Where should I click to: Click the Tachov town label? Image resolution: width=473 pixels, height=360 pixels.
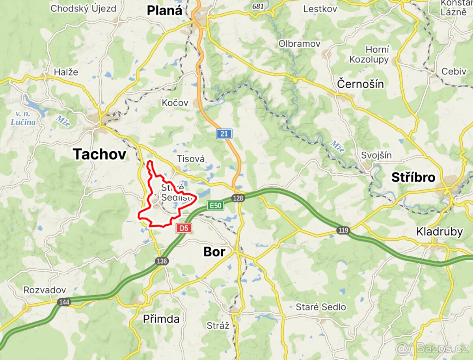99,154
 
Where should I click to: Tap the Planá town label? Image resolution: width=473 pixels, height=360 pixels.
165,10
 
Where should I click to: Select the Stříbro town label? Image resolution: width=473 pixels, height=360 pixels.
413,178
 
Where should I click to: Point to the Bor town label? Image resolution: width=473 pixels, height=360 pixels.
214,252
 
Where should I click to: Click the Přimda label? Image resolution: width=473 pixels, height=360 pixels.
161,319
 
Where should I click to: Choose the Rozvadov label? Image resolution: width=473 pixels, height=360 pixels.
45,290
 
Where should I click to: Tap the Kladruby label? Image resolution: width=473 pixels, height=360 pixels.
439,232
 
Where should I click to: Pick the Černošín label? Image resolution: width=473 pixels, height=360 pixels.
361,84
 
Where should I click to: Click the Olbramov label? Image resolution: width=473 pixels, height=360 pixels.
300,44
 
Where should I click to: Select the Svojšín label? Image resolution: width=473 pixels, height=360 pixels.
376,155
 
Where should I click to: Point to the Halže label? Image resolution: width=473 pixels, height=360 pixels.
66,72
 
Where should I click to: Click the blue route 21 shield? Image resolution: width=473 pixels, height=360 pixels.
224,134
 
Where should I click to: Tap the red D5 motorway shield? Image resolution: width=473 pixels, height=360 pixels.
184,228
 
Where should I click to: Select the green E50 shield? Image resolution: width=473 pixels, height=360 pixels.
216,205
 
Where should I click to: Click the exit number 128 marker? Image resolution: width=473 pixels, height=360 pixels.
238,198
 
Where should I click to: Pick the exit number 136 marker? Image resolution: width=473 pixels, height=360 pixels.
162,261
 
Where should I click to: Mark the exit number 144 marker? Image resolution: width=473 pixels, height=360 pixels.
64,302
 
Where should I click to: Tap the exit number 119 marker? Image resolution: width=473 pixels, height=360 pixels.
343,230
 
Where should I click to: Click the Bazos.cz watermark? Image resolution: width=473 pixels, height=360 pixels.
432,348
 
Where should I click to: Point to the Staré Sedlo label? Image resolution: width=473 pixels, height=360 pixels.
321,307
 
